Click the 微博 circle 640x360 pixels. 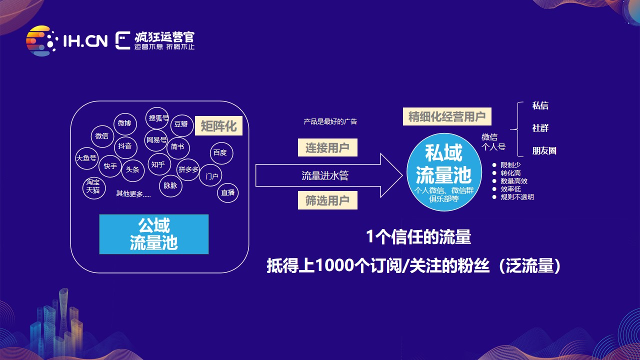(x=125, y=124)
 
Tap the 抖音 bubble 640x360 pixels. (x=125, y=147)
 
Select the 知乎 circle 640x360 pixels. (x=159, y=164)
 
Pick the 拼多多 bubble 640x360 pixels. (x=188, y=169)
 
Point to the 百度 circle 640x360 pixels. (x=221, y=153)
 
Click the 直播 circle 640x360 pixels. (x=227, y=193)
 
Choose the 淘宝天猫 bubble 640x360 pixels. (x=94, y=188)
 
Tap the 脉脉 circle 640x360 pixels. (x=170, y=186)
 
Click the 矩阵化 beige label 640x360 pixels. (x=218, y=125)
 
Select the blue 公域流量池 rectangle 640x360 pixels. (x=153, y=234)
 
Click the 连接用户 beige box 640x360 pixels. (x=327, y=147)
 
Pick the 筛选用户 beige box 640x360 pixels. (x=327, y=200)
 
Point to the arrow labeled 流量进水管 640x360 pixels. (x=328, y=175)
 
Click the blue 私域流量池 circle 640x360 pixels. (x=444, y=172)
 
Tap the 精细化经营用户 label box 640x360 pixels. (x=447, y=116)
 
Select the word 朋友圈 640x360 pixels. (x=544, y=150)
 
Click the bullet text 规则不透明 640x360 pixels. (x=517, y=197)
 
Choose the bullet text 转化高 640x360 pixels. (x=510, y=173)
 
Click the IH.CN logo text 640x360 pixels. (x=85, y=41)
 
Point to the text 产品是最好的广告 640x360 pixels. (x=330, y=121)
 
